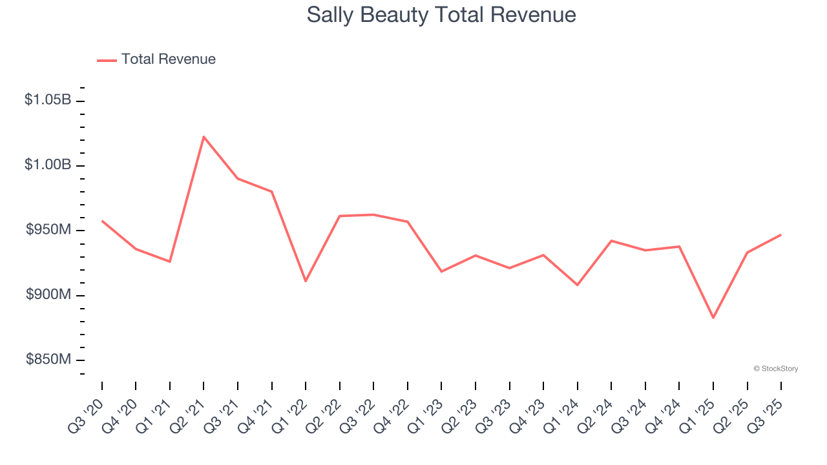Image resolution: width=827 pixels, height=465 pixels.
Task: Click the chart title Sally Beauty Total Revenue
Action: coord(441,15)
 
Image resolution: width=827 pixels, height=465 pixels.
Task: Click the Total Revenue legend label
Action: coord(168,59)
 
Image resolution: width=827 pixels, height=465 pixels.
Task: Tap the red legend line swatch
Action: coord(107,60)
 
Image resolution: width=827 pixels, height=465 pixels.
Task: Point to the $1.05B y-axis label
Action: coord(48,100)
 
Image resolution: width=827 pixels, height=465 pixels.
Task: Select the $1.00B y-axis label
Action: coord(48,165)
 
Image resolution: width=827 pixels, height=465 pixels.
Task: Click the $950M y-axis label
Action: coord(48,230)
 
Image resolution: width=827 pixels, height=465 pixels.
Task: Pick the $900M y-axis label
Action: coord(48,294)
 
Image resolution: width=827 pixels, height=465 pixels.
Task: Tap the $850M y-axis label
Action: coord(48,360)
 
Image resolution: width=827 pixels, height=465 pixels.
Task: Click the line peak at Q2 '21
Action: coord(204,137)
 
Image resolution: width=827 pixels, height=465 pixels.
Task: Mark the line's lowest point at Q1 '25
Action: coord(713,318)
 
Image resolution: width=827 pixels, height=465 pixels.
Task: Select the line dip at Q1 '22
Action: coord(306,281)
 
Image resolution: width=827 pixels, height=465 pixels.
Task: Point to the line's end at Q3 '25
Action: coord(781,234)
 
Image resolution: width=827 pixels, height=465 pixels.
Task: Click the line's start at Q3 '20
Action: coord(102,221)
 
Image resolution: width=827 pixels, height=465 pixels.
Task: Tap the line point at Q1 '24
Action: coord(577,285)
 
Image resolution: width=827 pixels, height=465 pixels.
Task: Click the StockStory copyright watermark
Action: coord(775,369)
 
